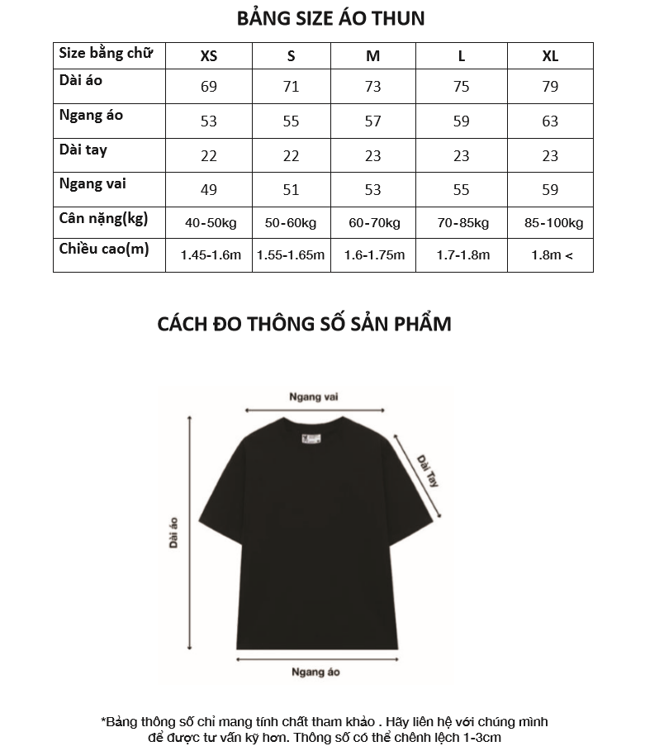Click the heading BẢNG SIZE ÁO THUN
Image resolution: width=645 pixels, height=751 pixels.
[330, 18]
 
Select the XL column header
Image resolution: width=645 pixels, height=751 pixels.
[550, 56]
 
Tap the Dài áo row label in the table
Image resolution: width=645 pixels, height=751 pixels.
[81, 81]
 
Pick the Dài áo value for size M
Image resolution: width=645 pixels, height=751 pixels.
[373, 87]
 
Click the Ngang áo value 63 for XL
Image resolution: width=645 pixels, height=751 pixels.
[550, 121]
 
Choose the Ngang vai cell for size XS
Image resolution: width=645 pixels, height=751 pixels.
[209, 190]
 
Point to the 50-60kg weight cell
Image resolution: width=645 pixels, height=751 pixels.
[291, 223]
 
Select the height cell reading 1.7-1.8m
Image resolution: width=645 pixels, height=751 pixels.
[462, 255]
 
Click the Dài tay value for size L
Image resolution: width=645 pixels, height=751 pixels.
[462, 155]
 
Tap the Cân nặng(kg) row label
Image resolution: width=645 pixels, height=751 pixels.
[103, 219]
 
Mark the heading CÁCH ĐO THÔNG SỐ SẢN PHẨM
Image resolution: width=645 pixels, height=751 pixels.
[304, 323]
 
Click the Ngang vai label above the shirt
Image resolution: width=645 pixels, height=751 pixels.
[314, 397]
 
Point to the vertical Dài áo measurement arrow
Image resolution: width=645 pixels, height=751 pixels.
[191, 534]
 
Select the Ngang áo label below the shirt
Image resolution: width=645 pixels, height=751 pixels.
[315, 672]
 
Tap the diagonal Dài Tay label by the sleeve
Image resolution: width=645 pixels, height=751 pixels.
[428, 469]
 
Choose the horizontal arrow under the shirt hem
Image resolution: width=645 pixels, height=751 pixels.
[315, 658]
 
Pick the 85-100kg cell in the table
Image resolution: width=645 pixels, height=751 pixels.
[553, 223]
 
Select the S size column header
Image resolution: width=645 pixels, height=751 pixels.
[291, 56]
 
